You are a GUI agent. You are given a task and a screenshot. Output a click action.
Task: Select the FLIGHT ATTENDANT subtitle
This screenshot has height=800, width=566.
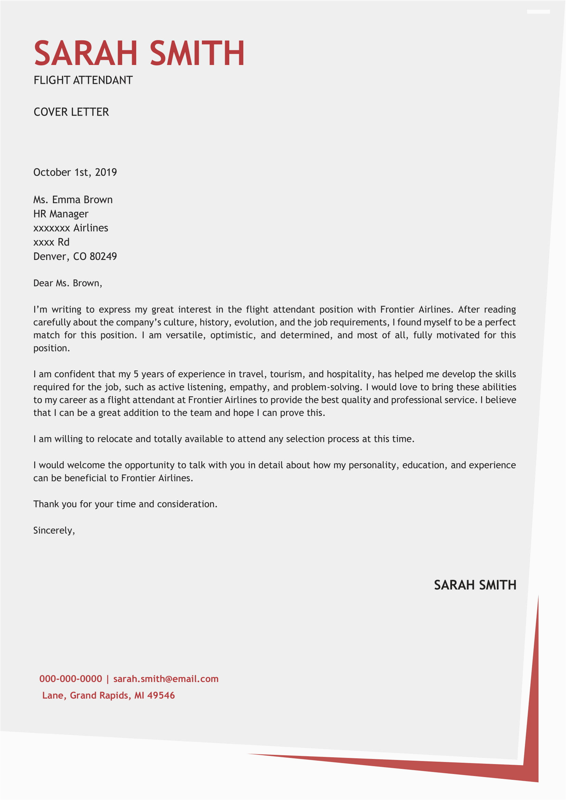pos(83,80)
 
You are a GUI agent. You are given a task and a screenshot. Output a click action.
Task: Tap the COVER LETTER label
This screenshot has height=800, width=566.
pos(71,112)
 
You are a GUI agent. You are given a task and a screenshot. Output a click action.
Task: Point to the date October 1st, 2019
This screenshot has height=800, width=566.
pos(75,172)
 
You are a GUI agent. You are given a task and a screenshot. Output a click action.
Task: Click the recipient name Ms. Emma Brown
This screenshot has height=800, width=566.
pos(73,200)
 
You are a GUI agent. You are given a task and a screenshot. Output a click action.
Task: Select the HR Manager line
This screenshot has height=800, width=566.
pos(61,213)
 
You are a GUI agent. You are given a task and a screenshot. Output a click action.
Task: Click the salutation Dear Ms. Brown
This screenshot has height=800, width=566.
pos(68,283)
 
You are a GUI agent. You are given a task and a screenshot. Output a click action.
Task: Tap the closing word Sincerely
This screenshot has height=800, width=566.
pos(54,530)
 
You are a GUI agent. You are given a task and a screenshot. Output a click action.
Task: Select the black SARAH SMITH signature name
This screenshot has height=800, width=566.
pos(475,585)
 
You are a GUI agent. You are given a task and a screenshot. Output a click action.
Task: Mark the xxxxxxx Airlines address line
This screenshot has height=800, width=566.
pos(71,228)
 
